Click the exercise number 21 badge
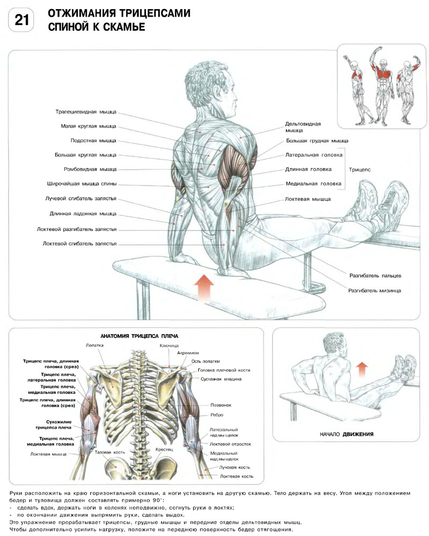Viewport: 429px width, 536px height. click(x=22, y=20)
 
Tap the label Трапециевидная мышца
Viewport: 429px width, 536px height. click(x=86, y=113)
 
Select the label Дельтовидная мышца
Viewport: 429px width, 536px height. click(x=302, y=126)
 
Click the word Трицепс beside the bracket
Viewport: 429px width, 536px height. click(x=360, y=169)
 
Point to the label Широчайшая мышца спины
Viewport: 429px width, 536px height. click(x=82, y=184)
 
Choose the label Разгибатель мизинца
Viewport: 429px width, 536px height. click(x=374, y=290)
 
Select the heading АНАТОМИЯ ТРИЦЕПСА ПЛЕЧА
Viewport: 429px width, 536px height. click(x=136, y=336)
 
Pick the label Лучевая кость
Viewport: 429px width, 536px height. click(x=235, y=467)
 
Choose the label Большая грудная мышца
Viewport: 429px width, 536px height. click(x=316, y=141)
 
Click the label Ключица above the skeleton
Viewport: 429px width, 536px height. click(x=169, y=346)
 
